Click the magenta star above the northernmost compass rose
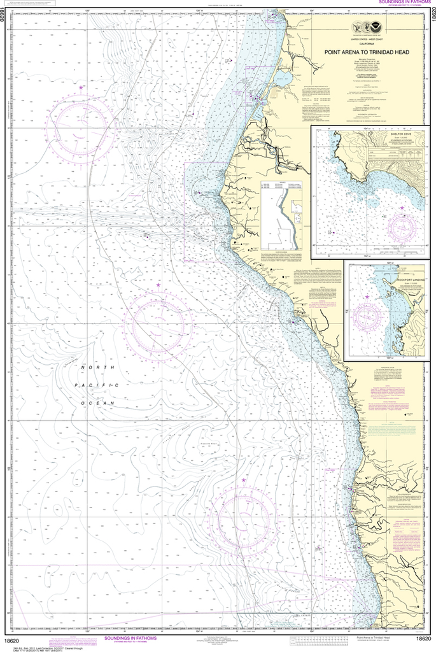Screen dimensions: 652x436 click(x=81, y=87)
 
